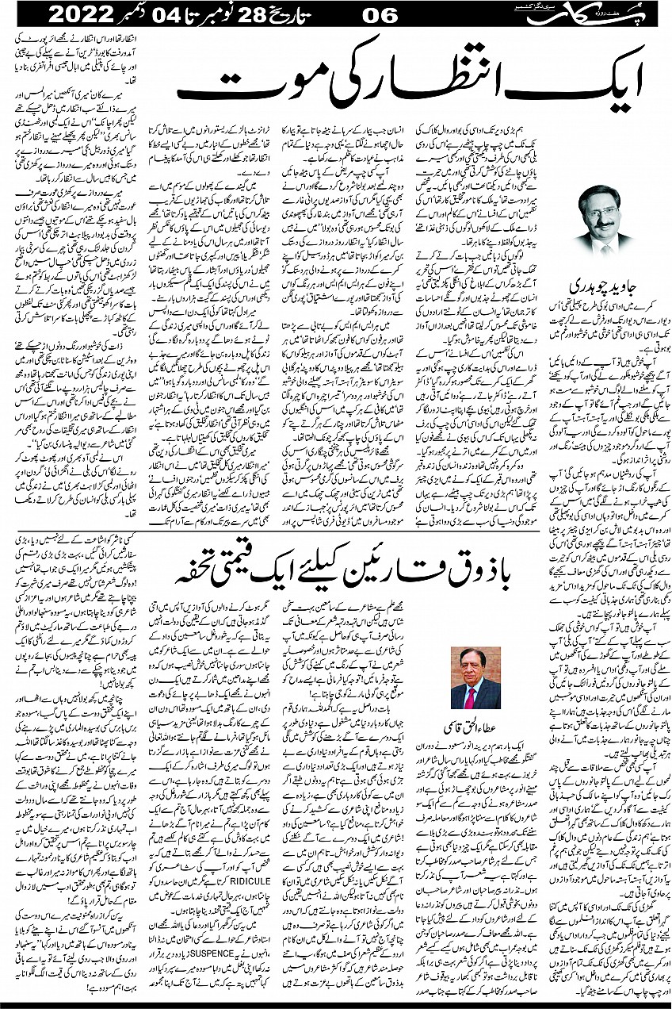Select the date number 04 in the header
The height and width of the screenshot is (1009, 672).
coord(175,13)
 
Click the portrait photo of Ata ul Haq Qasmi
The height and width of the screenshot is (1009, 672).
coord(475,678)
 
